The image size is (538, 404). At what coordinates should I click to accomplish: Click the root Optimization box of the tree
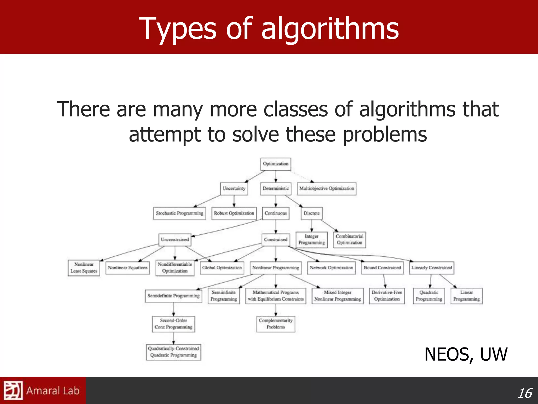[276, 164]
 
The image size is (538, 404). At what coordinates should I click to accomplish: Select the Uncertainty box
[234, 189]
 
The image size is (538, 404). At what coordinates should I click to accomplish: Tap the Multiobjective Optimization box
[327, 189]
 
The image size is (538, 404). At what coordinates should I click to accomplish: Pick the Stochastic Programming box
[179, 213]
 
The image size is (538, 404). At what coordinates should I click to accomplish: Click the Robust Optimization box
[234, 213]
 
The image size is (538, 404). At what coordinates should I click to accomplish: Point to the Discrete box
[312, 213]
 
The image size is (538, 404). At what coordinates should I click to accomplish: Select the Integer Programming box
[312, 240]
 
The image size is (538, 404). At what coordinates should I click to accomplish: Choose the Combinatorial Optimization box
[349, 240]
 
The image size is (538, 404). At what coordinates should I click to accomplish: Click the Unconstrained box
[175, 240]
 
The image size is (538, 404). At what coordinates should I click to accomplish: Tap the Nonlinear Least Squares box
[84, 268]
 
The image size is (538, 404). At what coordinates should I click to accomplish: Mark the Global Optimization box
[222, 268]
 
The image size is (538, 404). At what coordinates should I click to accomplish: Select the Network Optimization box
[331, 268]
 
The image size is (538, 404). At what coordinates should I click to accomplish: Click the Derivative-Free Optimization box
[387, 296]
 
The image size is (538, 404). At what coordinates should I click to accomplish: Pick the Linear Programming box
[466, 296]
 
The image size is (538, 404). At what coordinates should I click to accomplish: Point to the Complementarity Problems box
[276, 324]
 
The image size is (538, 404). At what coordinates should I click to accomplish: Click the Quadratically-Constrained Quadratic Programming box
[173, 352]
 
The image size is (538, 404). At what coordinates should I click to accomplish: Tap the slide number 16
[524, 393]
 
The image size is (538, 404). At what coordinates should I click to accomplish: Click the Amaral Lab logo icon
[13, 390]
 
